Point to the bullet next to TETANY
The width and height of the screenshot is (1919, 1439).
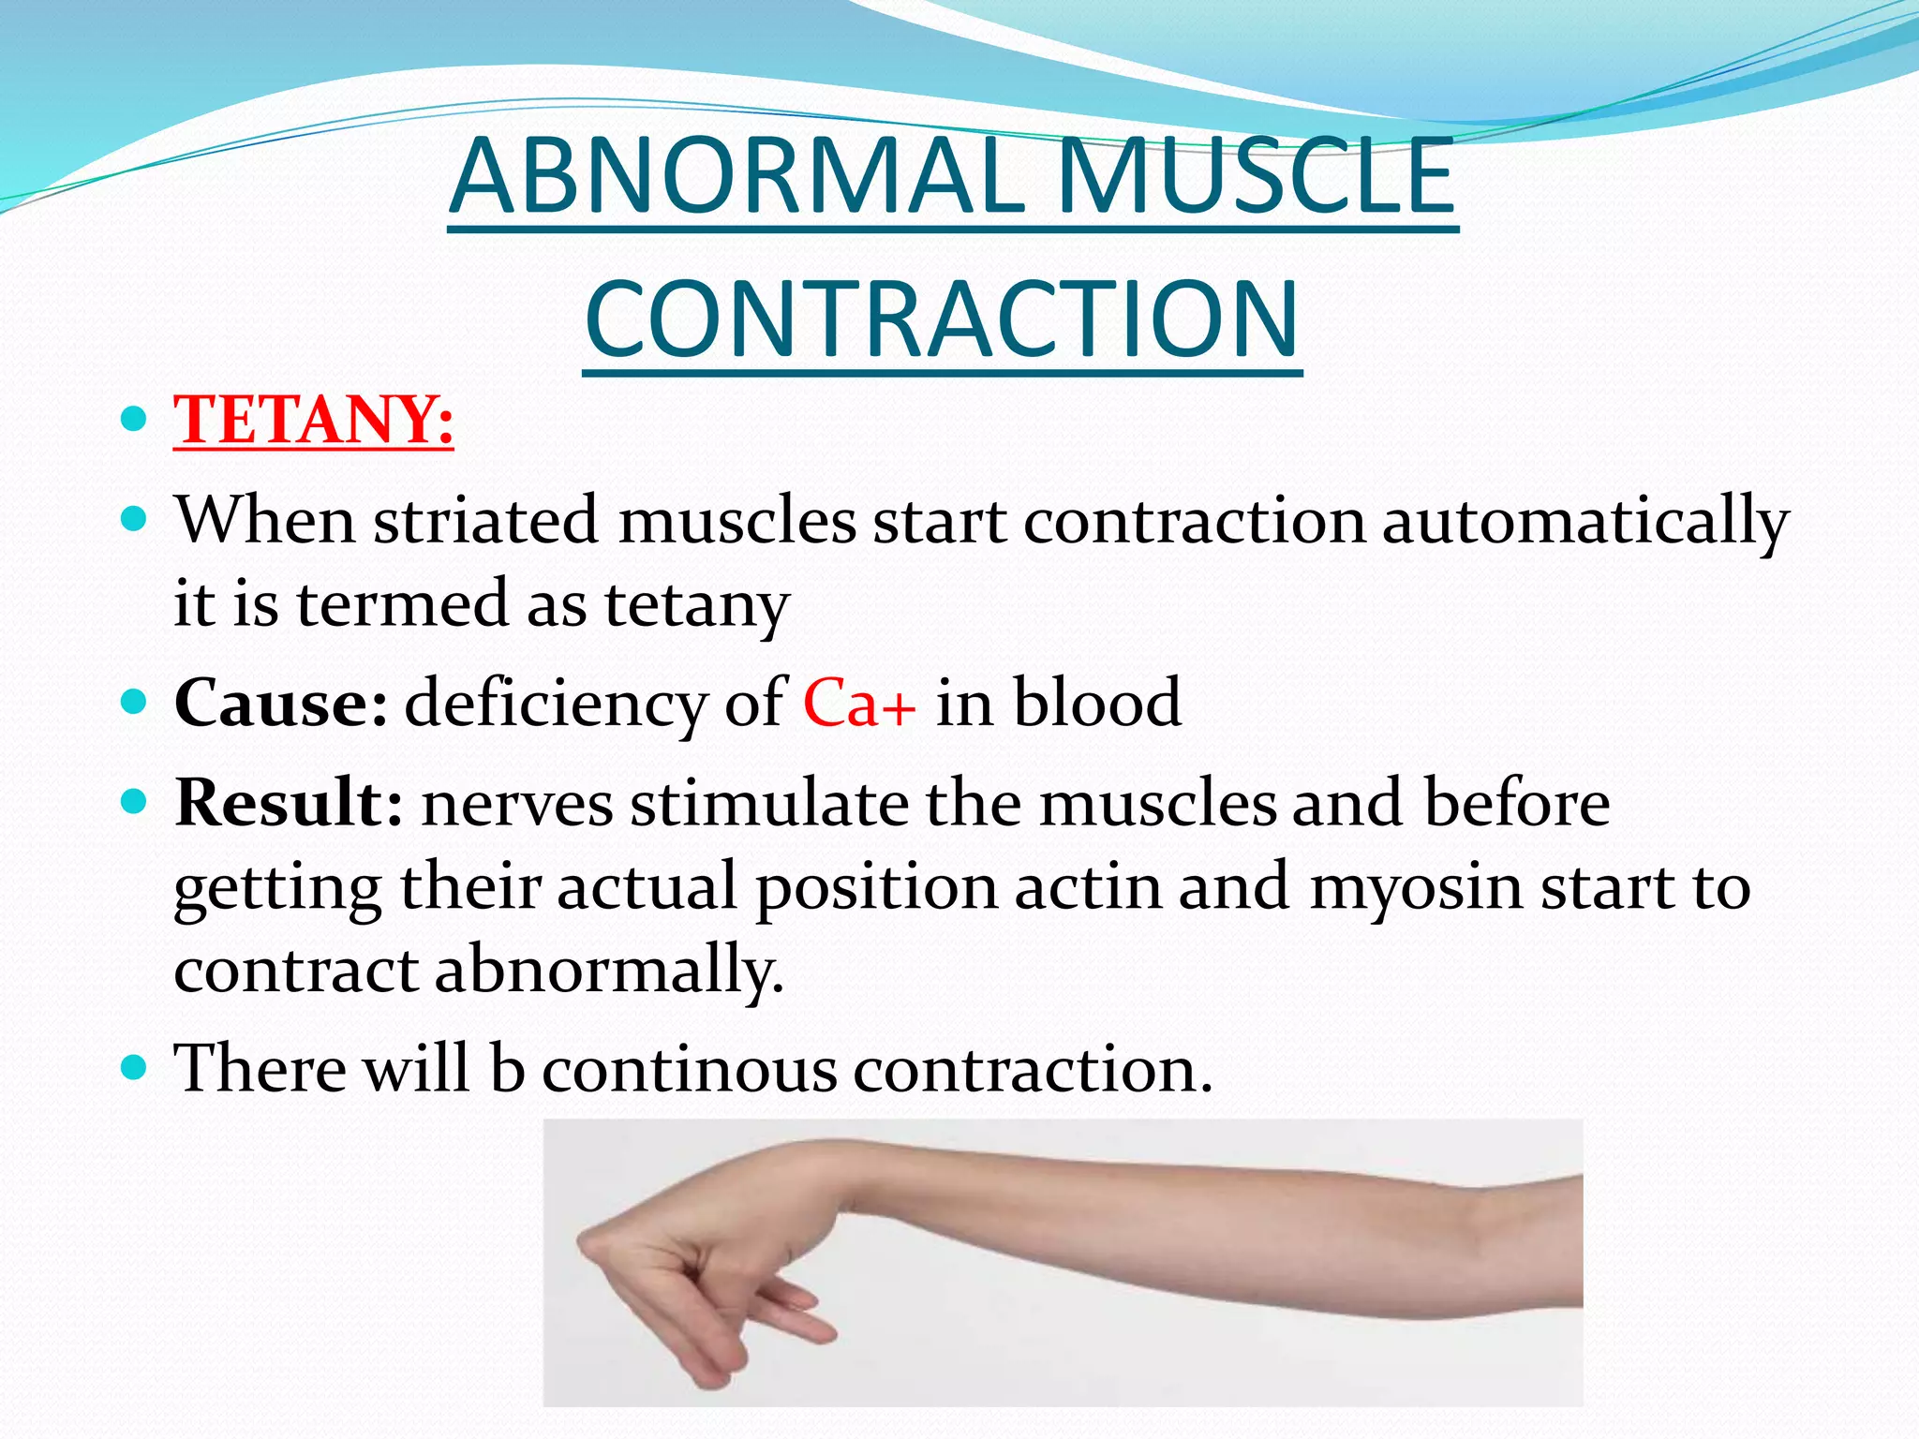pyautogui.click(x=135, y=418)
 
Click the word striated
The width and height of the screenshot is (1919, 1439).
pyautogui.click(x=486, y=521)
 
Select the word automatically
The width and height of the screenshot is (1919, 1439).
pyautogui.click(x=1585, y=523)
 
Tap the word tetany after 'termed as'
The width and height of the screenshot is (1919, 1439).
pyautogui.click(x=697, y=605)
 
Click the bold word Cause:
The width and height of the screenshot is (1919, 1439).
pyautogui.click(x=280, y=703)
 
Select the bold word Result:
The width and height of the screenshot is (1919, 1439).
pyautogui.click(x=289, y=803)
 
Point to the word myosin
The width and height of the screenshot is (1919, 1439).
pyautogui.click(x=1416, y=886)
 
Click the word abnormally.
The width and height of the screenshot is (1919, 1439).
pyautogui.click(x=609, y=971)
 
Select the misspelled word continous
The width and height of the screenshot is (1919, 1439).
pyautogui.click(x=690, y=1068)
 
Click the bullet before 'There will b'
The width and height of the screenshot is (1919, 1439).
pyautogui.click(x=135, y=1066)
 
